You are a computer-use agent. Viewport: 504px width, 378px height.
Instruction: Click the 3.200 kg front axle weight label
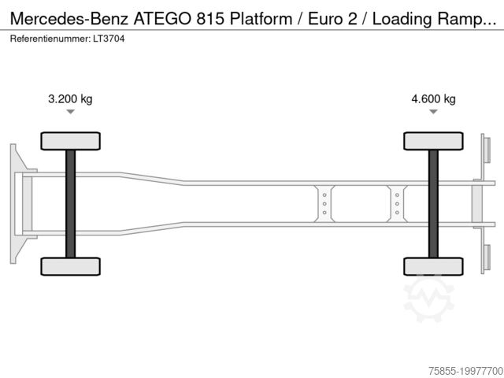pyautogui.click(x=70, y=98)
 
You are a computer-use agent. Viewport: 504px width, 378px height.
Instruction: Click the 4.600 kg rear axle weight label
pyautogui.click(x=433, y=98)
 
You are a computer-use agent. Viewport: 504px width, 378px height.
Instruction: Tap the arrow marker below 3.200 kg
pyautogui.click(x=70, y=112)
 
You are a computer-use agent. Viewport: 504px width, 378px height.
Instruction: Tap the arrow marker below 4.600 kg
pyautogui.click(x=433, y=112)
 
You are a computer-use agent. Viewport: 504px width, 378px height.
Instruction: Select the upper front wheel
pyautogui.click(x=70, y=141)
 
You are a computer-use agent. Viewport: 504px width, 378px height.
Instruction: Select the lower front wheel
pyautogui.click(x=70, y=266)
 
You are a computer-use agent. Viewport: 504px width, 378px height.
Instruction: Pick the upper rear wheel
pyautogui.click(x=433, y=141)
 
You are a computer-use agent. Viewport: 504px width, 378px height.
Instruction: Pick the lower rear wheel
pyautogui.click(x=433, y=266)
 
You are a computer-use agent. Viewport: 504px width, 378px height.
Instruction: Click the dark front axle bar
pyautogui.click(x=70, y=204)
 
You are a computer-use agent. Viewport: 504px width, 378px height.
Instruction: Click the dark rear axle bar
pyautogui.click(x=433, y=204)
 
